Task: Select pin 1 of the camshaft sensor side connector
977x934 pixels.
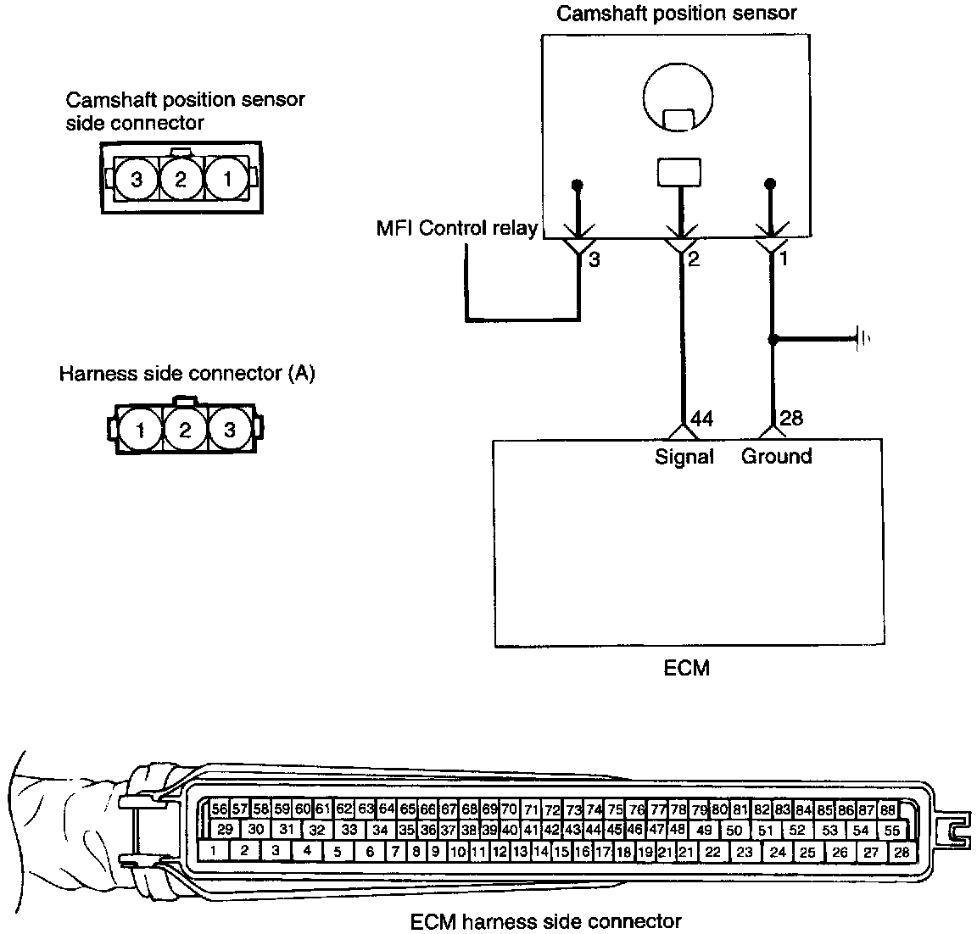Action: click(x=226, y=179)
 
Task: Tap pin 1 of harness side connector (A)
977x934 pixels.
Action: click(x=140, y=431)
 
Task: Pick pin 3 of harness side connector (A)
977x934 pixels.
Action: click(x=229, y=431)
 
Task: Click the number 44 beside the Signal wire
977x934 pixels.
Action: click(x=701, y=419)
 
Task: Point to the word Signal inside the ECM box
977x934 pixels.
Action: click(x=684, y=457)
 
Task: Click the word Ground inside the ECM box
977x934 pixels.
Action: click(x=776, y=457)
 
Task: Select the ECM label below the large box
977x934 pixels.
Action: click(x=686, y=668)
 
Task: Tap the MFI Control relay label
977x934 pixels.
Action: click(x=457, y=229)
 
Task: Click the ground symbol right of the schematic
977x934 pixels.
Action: click(x=863, y=340)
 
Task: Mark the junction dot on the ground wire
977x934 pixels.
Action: click(x=773, y=340)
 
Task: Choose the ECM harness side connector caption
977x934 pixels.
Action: click(x=545, y=920)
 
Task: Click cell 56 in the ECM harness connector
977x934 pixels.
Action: click(x=220, y=809)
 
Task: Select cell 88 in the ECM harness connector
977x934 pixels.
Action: click(x=888, y=809)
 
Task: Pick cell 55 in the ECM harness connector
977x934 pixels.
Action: click(x=891, y=831)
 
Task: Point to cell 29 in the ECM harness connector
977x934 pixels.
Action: click(x=225, y=830)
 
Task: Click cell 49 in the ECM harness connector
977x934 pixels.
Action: click(x=704, y=831)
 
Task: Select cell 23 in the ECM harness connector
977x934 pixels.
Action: click(x=745, y=852)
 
